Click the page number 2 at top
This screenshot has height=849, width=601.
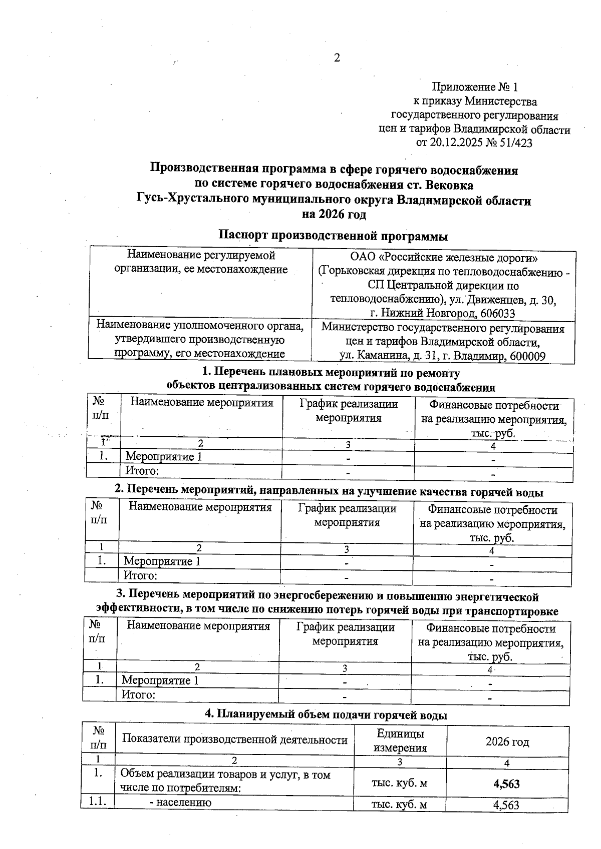pyautogui.click(x=337, y=58)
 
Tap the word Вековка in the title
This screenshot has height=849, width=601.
pyautogui.click(x=449, y=185)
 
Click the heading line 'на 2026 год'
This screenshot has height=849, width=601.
pyautogui.click(x=334, y=215)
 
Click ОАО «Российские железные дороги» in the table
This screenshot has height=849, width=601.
pyautogui.click(x=443, y=258)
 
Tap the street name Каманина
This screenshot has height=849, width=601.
pyautogui.click(x=382, y=356)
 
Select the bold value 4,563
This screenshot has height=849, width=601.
pyautogui.click(x=506, y=783)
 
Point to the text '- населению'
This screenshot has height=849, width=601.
pyautogui.click(x=181, y=802)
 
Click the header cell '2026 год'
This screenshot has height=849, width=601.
pyautogui.click(x=507, y=741)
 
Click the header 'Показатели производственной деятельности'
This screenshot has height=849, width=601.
pyautogui.click(x=235, y=739)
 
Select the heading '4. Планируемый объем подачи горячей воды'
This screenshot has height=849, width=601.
pyautogui.click(x=326, y=715)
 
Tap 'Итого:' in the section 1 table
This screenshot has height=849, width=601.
pyautogui.click(x=142, y=471)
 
